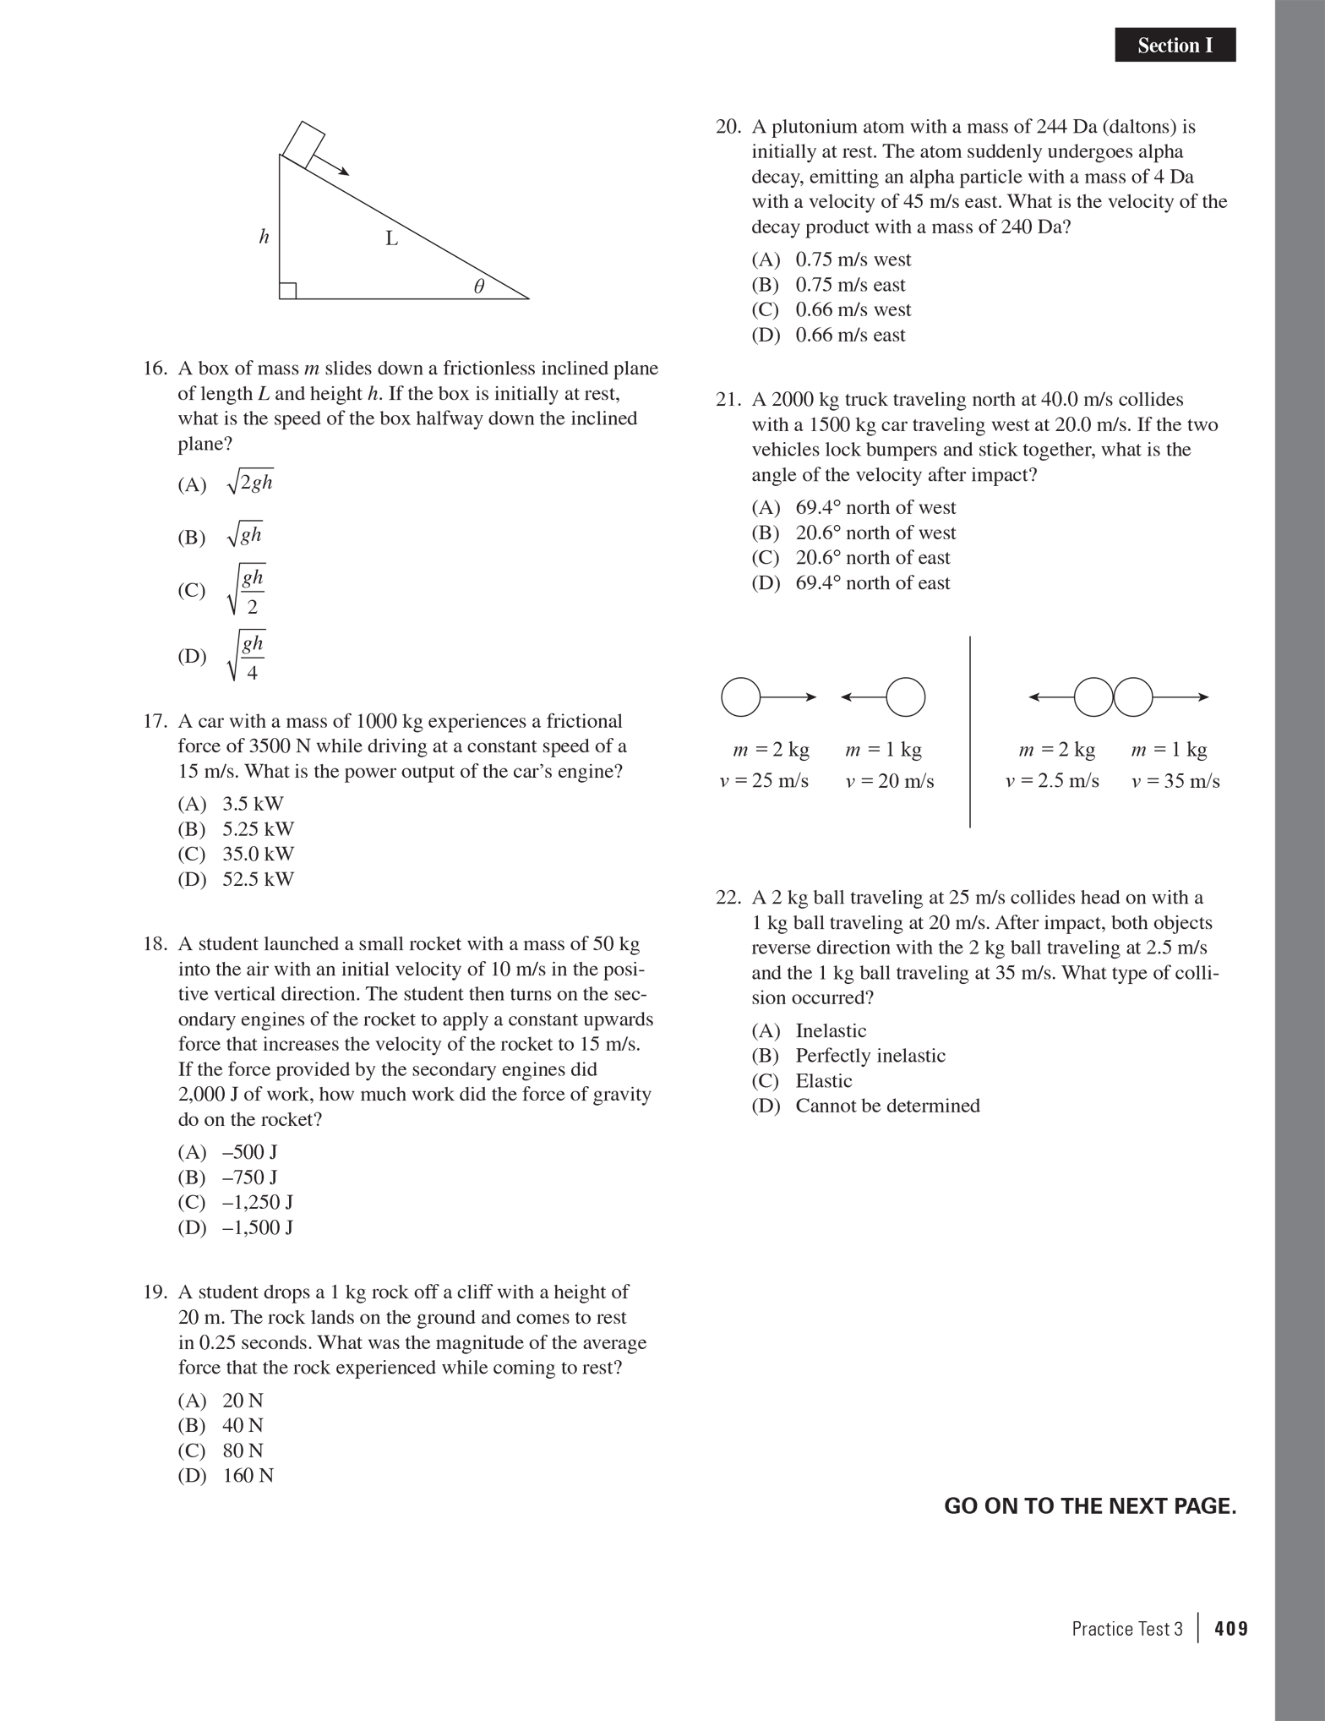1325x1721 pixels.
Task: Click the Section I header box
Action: click(1175, 46)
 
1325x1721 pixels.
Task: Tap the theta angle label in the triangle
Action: click(478, 287)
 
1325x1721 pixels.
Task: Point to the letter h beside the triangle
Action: click(264, 237)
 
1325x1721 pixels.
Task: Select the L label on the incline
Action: click(391, 239)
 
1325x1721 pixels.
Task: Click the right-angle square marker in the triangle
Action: click(287, 291)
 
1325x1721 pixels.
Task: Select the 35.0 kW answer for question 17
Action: click(257, 854)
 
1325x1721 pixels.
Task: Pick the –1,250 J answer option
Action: click(257, 1202)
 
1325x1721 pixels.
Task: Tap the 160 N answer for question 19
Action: click(248, 1475)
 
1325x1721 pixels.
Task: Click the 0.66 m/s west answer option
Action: click(853, 309)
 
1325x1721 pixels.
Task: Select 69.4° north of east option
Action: click(872, 582)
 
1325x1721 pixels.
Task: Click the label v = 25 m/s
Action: click(764, 781)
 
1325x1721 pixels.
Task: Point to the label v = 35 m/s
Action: click(1175, 781)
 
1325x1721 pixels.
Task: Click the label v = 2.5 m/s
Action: click(1052, 781)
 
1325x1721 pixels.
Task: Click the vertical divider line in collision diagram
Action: click(969, 732)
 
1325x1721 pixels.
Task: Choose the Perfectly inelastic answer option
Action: click(870, 1056)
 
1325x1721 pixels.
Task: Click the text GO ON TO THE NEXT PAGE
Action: click(1089, 1506)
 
